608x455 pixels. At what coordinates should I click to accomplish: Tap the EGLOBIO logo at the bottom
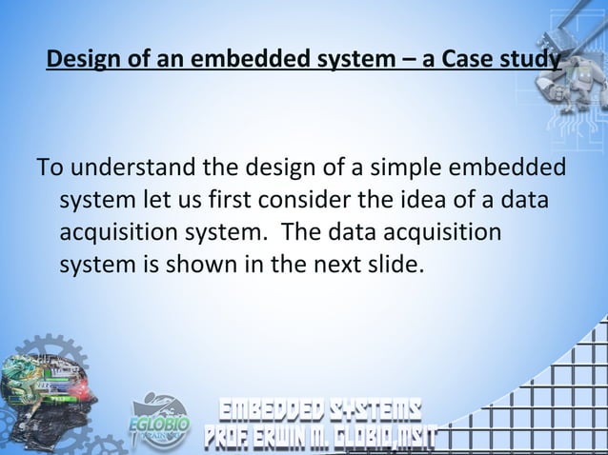[159, 418]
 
